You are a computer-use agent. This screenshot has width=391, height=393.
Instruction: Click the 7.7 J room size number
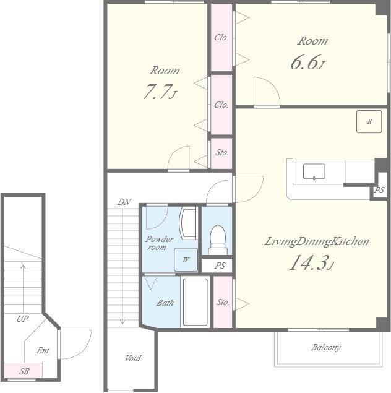(x=160, y=91)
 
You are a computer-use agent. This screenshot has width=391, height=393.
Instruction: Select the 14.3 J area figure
(x=312, y=262)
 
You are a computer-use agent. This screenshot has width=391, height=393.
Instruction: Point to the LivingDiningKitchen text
(x=317, y=241)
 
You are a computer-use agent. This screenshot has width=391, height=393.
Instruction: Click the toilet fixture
(x=218, y=240)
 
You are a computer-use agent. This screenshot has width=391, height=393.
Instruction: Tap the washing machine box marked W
(x=186, y=260)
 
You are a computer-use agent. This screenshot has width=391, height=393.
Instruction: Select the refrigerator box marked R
(x=369, y=121)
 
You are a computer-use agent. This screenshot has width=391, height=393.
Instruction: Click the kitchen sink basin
(x=314, y=171)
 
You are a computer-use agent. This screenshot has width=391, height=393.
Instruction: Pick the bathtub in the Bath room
(x=195, y=302)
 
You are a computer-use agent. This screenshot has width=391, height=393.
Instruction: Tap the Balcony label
(x=326, y=347)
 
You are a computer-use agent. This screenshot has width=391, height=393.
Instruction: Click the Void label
(x=133, y=358)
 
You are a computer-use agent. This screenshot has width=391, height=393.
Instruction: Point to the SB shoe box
(x=24, y=370)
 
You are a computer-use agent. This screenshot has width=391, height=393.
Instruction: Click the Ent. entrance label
(x=43, y=350)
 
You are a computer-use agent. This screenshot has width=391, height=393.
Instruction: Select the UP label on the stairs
(x=22, y=319)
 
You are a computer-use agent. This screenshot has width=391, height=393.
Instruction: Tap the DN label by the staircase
(x=124, y=202)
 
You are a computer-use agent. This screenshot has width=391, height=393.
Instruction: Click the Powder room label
(x=159, y=243)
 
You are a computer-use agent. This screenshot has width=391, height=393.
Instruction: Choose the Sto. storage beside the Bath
(x=223, y=302)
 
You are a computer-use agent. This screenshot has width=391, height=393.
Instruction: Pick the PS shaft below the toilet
(x=217, y=266)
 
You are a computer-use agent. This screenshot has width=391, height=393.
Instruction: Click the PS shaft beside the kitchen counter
(x=379, y=190)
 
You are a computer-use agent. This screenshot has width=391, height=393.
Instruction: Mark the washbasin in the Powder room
(x=188, y=223)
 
